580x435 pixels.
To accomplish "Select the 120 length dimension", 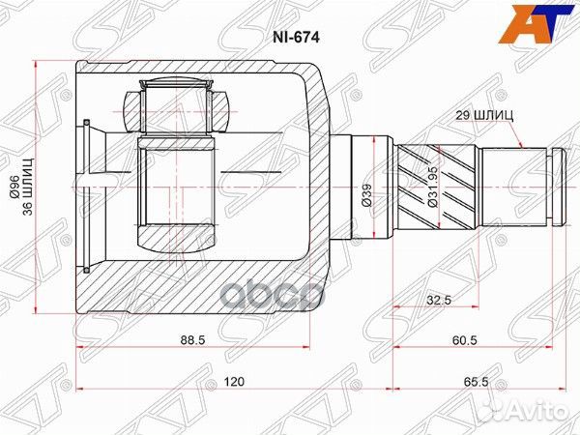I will coord(232,382).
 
